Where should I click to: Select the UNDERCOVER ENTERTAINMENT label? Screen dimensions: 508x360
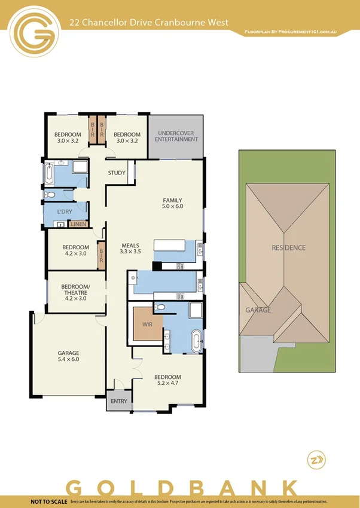(176, 136)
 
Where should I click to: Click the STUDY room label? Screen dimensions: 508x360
(117, 173)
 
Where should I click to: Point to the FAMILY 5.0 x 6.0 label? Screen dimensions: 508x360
(173, 203)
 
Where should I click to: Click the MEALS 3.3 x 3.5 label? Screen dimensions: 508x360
(130, 249)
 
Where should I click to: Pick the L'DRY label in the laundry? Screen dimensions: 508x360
(65, 212)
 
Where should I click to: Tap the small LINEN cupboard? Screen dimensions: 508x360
(78, 224)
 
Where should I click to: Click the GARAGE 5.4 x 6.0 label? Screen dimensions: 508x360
(68, 356)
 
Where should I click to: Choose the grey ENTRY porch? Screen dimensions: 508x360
(119, 401)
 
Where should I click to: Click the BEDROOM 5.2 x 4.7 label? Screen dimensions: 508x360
(167, 380)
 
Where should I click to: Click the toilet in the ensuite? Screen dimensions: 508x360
(159, 307)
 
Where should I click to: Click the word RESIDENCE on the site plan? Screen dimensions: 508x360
(288, 248)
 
